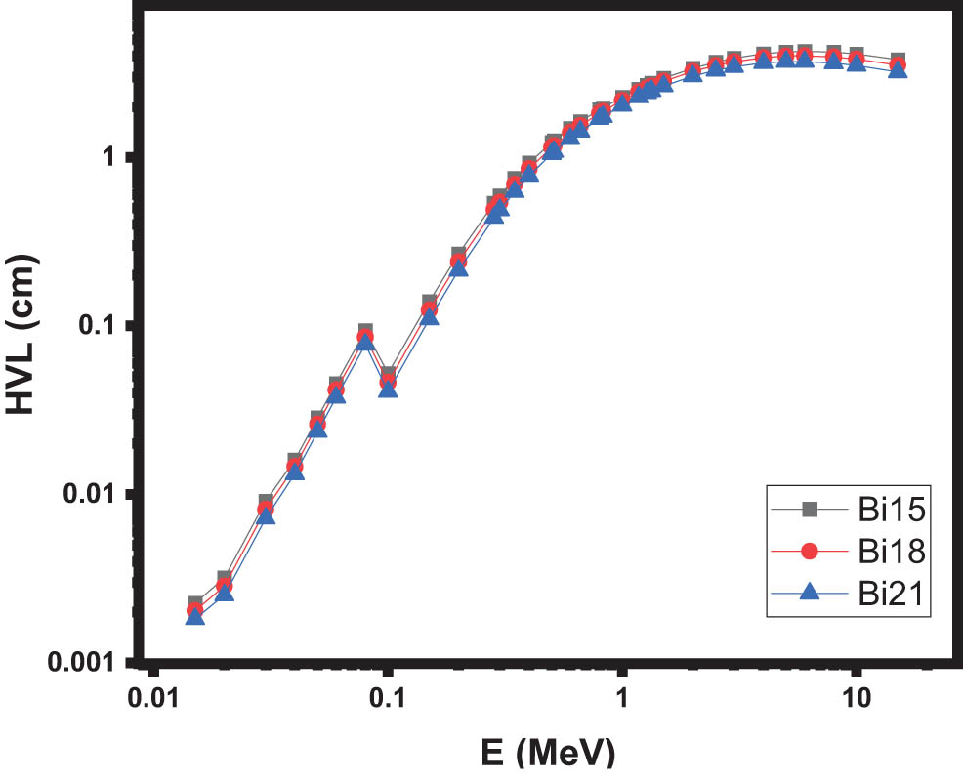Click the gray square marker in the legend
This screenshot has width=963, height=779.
(808, 510)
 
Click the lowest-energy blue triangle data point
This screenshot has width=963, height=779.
(194, 617)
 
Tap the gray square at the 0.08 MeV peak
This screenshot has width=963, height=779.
(365, 332)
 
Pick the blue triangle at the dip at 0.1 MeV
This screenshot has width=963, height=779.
(388, 389)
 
